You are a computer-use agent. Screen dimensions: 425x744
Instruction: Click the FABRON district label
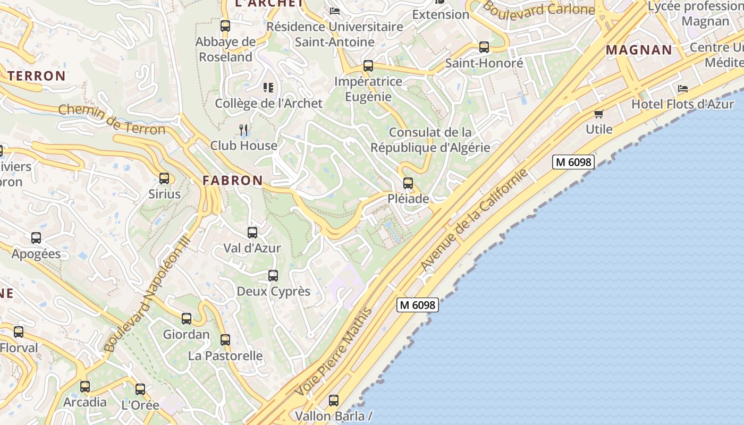[x=233, y=181]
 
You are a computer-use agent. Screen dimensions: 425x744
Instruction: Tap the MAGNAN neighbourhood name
[x=639, y=50]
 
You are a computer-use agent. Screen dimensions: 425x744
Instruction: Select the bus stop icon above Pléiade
[x=408, y=183]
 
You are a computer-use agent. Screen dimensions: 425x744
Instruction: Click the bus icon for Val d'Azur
[x=252, y=233]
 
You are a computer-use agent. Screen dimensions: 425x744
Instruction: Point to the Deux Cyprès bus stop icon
[x=273, y=276]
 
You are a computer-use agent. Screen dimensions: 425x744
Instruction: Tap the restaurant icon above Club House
[x=243, y=129]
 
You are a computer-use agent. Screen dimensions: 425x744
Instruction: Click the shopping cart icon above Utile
[x=599, y=114]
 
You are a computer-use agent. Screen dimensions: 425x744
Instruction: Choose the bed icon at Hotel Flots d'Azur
[x=683, y=88]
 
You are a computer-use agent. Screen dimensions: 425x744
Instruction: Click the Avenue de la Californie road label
[x=474, y=219]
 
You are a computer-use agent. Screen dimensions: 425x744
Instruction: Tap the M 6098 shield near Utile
[x=573, y=162]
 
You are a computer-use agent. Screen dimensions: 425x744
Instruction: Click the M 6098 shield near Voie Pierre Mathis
[x=418, y=305]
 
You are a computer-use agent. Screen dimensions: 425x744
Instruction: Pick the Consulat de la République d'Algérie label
[x=430, y=140]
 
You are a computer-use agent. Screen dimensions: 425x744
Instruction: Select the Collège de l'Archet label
[x=268, y=103]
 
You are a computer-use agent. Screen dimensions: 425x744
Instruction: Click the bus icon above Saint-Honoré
[x=484, y=47]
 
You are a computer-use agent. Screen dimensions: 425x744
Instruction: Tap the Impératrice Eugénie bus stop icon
[x=368, y=66]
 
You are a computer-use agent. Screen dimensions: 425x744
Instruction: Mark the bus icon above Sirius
[x=164, y=178]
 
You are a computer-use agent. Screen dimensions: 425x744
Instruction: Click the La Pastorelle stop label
[x=225, y=355]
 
